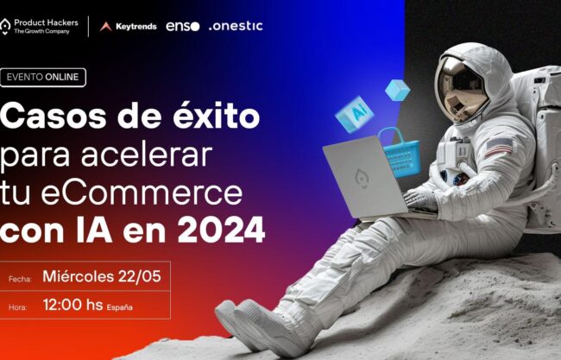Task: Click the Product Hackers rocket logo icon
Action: pos(5,27)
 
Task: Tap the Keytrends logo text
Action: pos(136,27)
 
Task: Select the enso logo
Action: pos(182,26)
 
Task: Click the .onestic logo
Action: pos(236,26)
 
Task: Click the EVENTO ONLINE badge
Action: pos(43,78)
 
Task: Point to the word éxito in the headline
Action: pos(217,115)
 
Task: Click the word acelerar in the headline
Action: pos(147,155)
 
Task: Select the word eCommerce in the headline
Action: pos(142,193)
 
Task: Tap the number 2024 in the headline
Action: pos(222,231)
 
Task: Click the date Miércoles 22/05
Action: pos(102,276)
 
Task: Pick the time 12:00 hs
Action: pos(73,305)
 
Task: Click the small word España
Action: pos(119,307)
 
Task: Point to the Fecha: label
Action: pos(20,279)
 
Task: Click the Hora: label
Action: pos(18,307)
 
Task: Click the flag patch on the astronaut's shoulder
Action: pos(498,147)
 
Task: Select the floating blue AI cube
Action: pos(355,114)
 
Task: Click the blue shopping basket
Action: pos(401,154)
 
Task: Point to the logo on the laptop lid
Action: pos(362,178)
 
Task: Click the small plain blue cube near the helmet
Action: pos(398,90)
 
